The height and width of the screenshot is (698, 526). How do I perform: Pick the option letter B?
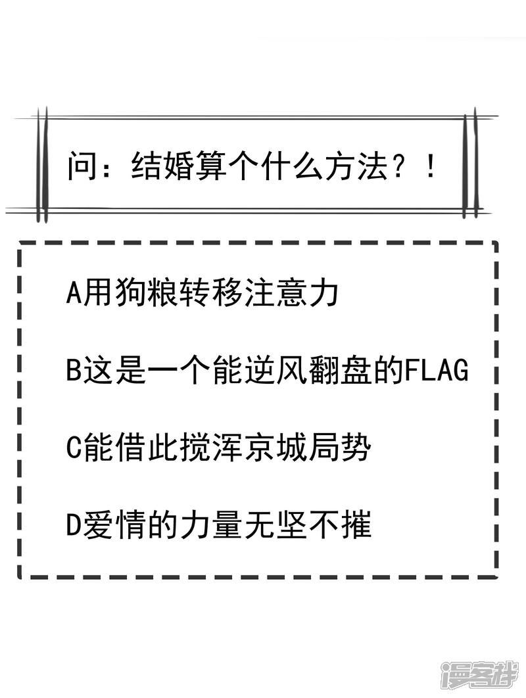[x=74, y=371]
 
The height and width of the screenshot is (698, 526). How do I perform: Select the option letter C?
[x=74, y=450]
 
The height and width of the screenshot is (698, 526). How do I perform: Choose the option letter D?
[x=74, y=527]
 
